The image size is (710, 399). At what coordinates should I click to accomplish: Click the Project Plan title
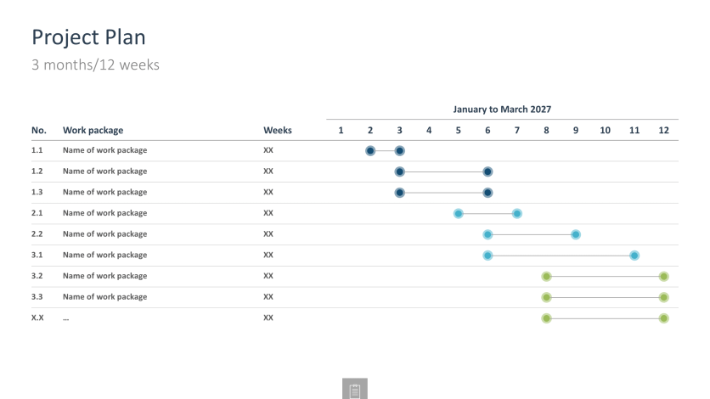pos(88,37)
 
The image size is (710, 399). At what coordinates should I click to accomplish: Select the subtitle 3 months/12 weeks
pos(95,65)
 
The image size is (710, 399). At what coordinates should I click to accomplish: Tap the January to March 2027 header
pos(502,110)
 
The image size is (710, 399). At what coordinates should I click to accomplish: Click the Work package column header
pos(93,130)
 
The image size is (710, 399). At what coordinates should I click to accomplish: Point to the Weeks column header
pos(277,130)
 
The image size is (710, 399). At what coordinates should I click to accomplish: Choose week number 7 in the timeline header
pos(516,130)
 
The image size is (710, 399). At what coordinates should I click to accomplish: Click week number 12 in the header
pos(663,130)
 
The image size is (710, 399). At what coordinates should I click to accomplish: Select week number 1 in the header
pos(341,130)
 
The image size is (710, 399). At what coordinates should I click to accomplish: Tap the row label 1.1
pos(37,150)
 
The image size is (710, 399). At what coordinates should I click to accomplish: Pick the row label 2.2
pos(37,233)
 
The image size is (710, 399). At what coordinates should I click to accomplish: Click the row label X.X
pos(37,318)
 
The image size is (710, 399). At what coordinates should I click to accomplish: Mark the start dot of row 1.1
pos(370,150)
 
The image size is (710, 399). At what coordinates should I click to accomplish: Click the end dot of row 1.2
pos(487,171)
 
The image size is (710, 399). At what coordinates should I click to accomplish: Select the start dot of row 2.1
pos(459,213)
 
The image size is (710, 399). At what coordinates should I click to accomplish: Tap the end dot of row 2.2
pos(576,234)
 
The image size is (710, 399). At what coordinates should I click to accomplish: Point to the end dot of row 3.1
pos(634,255)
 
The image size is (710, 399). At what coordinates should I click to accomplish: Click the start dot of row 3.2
pos(546,276)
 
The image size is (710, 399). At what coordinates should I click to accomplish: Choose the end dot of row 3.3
pos(663,297)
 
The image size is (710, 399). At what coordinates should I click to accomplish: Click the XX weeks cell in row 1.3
pos(268,192)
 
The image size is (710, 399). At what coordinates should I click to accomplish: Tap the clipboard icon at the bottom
pos(355,390)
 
